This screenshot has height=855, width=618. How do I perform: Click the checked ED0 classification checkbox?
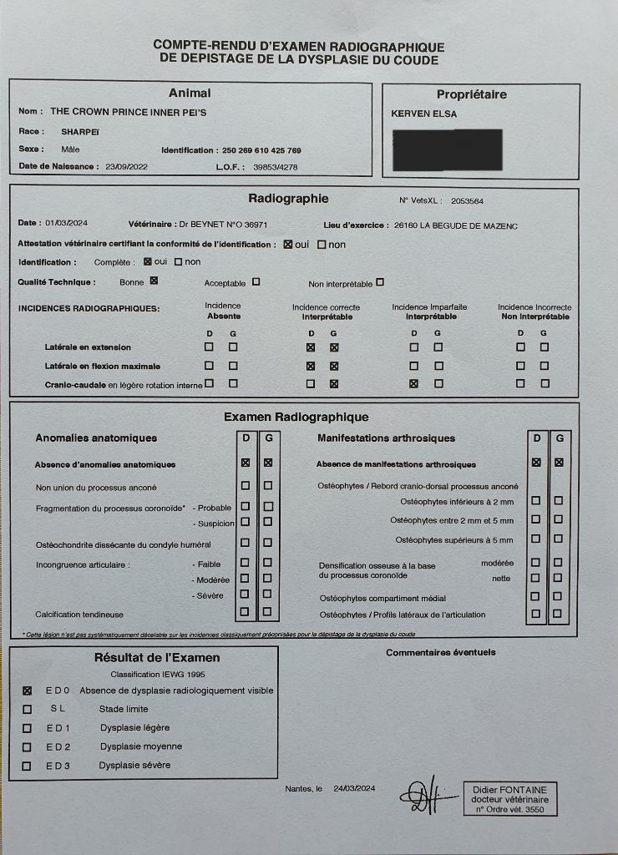pos(28,691)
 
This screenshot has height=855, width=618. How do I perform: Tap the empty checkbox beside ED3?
pos(27,766)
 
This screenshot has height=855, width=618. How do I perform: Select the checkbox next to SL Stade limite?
pos(27,710)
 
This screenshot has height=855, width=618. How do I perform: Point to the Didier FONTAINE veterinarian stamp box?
pos(509,799)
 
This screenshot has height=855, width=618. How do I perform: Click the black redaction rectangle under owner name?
pos(447,150)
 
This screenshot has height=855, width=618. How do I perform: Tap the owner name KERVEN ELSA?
pos(424,114)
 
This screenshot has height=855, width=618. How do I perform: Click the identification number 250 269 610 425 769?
pos(261,150)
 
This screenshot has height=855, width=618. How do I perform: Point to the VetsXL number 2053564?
pos(468,201)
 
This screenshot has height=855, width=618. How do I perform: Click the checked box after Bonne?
pos(154,281)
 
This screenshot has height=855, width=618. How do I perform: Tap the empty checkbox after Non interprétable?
pos(380,282)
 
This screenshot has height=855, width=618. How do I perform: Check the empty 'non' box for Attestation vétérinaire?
pos(322,245)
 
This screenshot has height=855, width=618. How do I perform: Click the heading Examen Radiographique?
pos(296,417)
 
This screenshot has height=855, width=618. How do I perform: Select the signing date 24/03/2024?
pos(355,788)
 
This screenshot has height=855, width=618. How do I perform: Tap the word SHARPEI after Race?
pos(80,131)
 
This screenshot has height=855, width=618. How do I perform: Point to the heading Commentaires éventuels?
pos(440,652)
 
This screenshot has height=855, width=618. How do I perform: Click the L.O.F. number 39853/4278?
pos(276,167)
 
